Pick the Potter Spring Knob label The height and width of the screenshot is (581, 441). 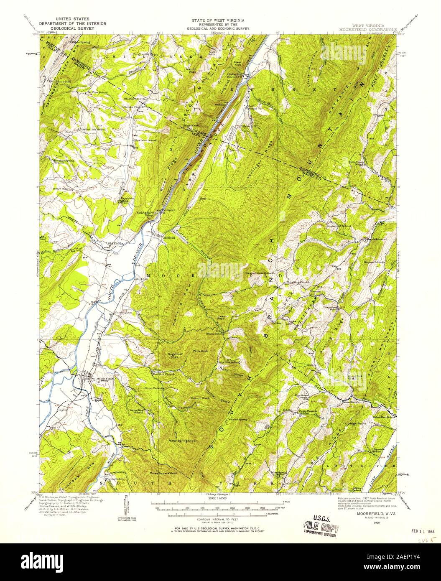[182, 441]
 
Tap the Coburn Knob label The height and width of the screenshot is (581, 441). [200, 398]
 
